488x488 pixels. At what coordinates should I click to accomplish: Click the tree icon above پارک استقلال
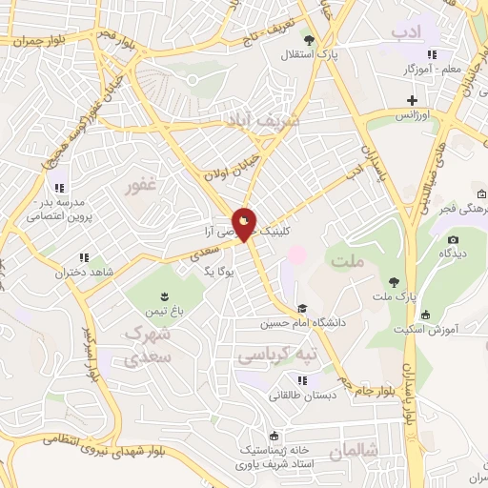(308, 38)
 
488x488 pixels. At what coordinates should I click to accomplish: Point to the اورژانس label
(416, 114)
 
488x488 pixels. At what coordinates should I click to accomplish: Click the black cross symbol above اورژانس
(412, 100)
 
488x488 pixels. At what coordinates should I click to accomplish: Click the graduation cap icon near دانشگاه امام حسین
(302, 308)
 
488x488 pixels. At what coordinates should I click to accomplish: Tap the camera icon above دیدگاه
(453, 239)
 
